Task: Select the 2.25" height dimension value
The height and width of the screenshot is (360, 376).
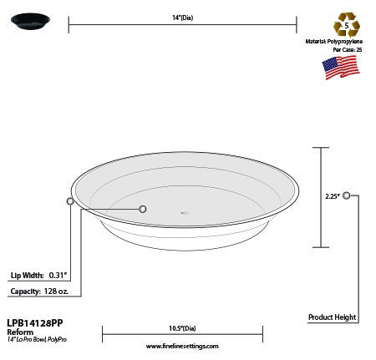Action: click(332, 197)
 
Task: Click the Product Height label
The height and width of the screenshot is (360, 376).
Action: click(332, 317)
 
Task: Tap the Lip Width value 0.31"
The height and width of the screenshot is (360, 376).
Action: click(58, 275)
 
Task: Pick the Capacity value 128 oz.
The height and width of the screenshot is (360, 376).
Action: click(63, 291)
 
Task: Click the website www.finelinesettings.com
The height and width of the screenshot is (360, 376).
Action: click(181, 345)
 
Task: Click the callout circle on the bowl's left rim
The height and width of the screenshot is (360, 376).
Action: click(70, 201)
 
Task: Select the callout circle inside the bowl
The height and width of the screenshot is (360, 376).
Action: click(142, 209)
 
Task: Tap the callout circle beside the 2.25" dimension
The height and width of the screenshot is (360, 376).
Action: click(346, 196)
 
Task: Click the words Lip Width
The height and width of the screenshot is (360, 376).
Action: click(26, 275)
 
